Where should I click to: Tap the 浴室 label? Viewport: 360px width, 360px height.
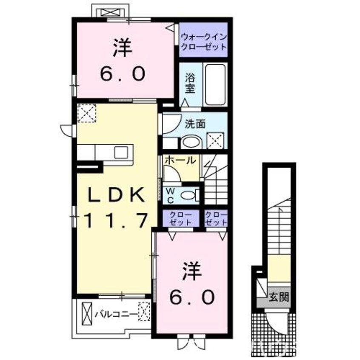[x=190, y=83]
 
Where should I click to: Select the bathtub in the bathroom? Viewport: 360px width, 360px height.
[x=215, y=85]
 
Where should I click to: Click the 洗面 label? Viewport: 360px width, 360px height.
[x=195, y=124]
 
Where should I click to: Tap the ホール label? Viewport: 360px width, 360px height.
[x=180, y=160]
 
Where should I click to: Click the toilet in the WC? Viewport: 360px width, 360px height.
[x=190, y=196]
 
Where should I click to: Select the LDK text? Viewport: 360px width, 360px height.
[x=117, y=194]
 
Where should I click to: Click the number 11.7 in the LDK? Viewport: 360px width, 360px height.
[x=116, y=220]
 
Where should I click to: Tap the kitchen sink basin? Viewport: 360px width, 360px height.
[x=121, y=152]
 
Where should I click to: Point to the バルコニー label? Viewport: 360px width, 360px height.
[x=116, y=314]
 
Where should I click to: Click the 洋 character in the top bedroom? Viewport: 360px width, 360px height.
[x=123, y=48]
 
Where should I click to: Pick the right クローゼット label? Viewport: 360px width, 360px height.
[x=216, y=219]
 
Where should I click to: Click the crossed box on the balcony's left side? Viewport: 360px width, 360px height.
[x=87, y=314]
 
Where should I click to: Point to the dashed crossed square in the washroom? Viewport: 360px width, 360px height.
[x=215, y=140]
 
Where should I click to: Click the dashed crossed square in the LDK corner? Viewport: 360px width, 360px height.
[x=86, y=113]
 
